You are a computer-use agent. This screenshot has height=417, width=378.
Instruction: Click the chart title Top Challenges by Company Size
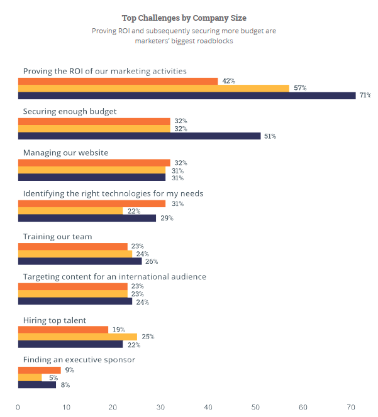tap(184, 18)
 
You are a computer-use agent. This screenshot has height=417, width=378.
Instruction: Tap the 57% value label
tap(299, 88)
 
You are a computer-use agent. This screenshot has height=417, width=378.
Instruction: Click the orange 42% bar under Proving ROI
tap(118, 81)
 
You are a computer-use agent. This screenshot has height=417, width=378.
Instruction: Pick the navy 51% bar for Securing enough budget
tap(139, 136)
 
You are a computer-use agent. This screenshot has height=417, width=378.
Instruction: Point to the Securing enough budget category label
tap(79, 111)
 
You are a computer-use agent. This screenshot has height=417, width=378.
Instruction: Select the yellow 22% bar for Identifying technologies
tap(70, 211)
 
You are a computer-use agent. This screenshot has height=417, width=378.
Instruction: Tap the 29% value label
tap(166, 219)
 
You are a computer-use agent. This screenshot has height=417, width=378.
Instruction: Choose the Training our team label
tap(57, 237)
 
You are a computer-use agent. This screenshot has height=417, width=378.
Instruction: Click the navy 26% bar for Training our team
tap(80, 261)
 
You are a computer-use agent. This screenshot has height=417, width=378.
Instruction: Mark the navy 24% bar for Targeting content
tap(75, 301)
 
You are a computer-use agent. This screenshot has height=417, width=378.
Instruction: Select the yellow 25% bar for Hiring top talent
tap(77, 337)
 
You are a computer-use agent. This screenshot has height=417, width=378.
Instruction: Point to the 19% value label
tap(118, 329)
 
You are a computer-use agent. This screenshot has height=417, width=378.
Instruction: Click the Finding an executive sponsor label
tap(79, 360)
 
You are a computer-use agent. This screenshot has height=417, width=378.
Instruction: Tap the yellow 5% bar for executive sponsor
tap(30, 377)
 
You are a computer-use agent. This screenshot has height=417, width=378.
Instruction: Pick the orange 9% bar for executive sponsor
tap(39, 370)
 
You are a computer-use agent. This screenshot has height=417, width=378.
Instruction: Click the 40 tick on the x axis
tap(208, 407)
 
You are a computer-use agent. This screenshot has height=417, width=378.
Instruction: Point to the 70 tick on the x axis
tap(350, 407)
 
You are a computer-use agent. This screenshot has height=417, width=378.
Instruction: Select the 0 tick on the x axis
tap(18, 407)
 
